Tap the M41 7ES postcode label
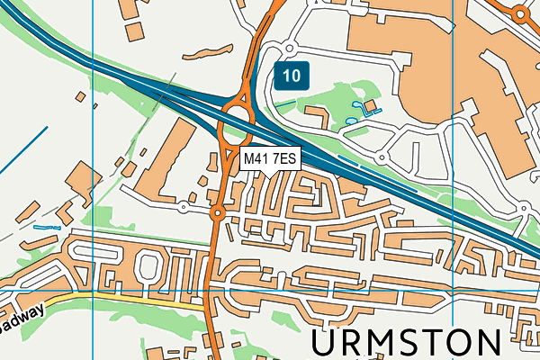tap(270, 158)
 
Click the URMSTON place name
tap(407, 344)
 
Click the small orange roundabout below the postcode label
tap(217, 213)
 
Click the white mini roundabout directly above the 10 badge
tap(289, 48)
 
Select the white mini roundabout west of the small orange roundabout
tap(183, 207)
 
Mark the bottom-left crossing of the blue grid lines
tap(94, 292)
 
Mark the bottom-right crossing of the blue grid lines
tap(453, 292)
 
